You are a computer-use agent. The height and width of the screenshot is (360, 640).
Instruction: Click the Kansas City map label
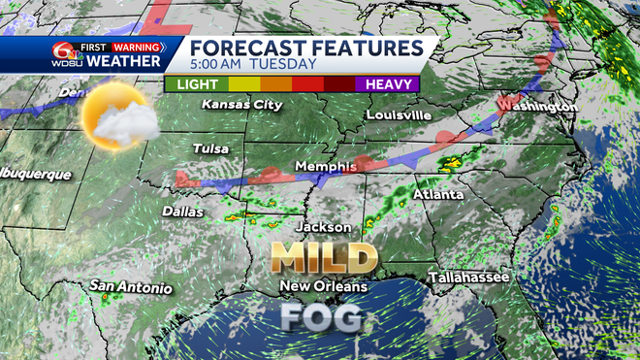click(235, 104)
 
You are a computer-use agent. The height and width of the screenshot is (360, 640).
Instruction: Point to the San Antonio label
click(131, 287)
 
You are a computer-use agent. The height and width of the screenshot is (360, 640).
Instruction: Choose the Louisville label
click(398, 115)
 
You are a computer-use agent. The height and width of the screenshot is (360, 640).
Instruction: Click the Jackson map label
click(325, 227)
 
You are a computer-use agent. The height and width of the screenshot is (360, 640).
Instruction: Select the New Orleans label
click(324, 286)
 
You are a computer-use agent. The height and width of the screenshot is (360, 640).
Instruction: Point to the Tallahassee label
click(469, 278)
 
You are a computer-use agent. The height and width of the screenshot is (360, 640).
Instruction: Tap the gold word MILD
click(324, 257)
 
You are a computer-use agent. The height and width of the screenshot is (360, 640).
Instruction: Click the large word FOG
click(322, 316)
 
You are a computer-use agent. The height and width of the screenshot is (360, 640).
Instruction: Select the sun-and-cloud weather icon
click(118, 118)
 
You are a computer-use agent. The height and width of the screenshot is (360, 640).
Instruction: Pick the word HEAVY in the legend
click(388, 83)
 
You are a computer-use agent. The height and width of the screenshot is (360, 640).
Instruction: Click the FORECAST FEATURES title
click(305, 48)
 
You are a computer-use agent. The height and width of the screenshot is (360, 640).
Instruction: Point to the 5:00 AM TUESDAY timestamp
click(254, 64)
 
